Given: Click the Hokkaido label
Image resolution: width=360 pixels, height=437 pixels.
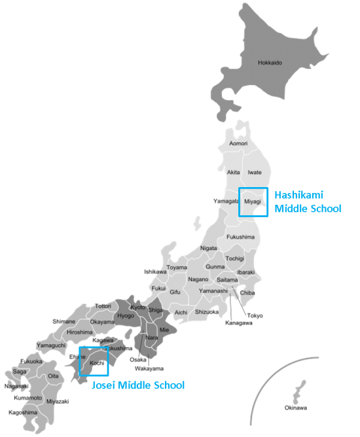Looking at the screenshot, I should [x=270, y=63].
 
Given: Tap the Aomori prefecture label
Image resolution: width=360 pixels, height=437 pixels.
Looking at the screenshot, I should [x=238, y=143].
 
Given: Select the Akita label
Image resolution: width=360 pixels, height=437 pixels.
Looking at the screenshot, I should [x=233, y=172].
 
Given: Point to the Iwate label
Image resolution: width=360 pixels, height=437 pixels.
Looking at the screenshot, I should [x=255, y=172].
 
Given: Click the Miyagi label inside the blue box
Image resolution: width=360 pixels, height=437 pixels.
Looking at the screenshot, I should [x=253, y=201].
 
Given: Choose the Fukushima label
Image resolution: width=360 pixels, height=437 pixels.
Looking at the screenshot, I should [x=240, y=236].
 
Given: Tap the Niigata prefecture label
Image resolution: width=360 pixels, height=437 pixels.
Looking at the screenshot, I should [x=208, y=249].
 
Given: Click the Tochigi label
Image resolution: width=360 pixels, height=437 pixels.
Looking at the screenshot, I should [x=234, y=258].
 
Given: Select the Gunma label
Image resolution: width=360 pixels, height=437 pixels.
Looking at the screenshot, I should [x=215, y=267].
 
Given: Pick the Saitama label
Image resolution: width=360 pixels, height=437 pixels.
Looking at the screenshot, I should [x=227, y=279].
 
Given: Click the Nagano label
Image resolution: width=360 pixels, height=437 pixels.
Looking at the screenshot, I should [x=198, y=279].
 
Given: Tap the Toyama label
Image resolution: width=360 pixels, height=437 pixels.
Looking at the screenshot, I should [x=176, y=268].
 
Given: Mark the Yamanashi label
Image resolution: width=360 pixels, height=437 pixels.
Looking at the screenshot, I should [x=213, y=290].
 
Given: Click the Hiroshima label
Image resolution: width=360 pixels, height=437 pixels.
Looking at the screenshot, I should [x=79, y=332].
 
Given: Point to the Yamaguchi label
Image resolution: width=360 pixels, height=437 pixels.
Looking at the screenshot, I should [x=50, y=345].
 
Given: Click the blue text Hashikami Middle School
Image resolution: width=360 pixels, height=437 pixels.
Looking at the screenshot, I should [x=307, y=201].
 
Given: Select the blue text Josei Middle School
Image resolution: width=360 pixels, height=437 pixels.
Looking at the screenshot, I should [x=137, y=385].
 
